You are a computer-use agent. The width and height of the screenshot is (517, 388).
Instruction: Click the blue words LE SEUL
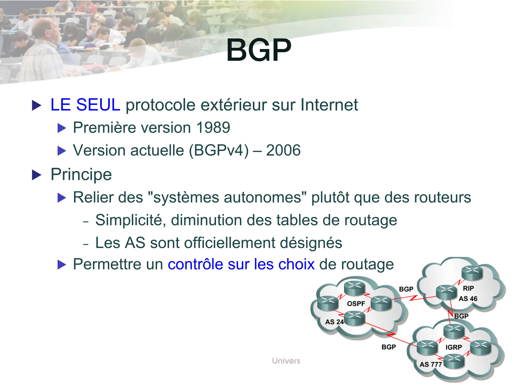[85, 105]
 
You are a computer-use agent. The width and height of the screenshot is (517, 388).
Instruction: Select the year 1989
[213, 128]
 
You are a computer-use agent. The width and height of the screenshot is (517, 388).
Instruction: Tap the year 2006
[283, 151]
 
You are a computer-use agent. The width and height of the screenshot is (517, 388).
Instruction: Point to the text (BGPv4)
[219, 151]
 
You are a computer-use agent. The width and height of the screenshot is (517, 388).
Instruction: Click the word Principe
[81, 174]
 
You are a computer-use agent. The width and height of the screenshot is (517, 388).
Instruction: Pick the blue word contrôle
[195, 264]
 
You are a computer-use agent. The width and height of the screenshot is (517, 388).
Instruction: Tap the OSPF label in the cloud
[356, 304]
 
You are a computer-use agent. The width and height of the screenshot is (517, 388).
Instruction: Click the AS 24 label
[334, 322]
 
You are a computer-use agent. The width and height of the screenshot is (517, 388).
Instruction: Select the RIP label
[468, 288]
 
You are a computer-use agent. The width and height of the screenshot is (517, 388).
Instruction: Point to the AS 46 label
[468, 299]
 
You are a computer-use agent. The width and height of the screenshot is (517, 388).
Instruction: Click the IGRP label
[454, 347]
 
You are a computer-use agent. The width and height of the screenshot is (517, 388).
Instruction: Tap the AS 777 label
[431, 365]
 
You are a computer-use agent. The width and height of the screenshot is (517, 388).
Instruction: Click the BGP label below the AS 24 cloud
[389, 347]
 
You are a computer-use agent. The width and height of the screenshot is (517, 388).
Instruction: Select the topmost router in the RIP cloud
[472, 273]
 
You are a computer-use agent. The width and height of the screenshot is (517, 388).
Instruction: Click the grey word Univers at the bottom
[286, 361]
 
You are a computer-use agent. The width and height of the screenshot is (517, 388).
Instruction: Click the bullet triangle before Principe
[37, 175]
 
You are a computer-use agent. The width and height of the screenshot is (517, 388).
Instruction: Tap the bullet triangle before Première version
[62, 128]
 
